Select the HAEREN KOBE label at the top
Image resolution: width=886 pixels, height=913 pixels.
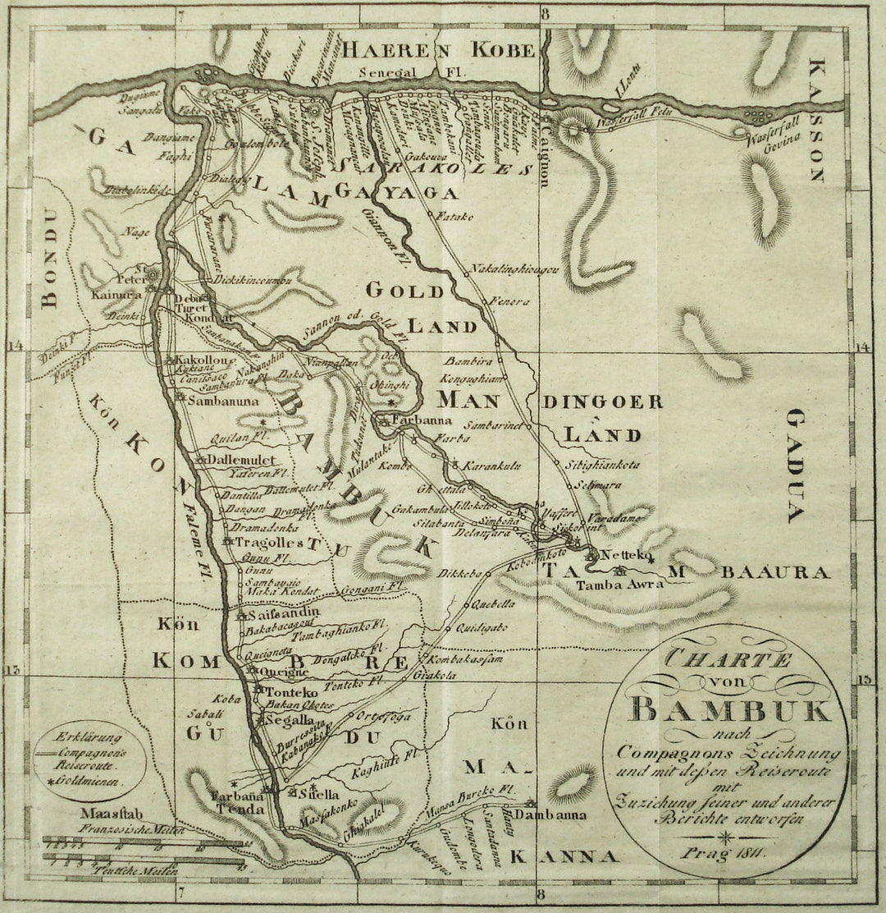[438, 50]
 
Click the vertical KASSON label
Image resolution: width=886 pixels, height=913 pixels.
[816, 120]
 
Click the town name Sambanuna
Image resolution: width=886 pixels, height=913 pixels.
[222, 401]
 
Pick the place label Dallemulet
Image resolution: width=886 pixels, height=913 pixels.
[240, 460]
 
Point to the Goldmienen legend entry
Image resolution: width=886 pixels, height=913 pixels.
[90, 782]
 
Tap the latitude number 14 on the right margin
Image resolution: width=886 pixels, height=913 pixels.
[861, 347]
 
